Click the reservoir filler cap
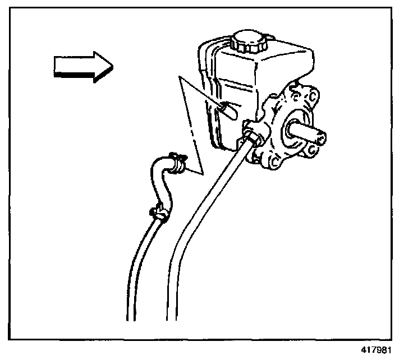coord(251,40)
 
